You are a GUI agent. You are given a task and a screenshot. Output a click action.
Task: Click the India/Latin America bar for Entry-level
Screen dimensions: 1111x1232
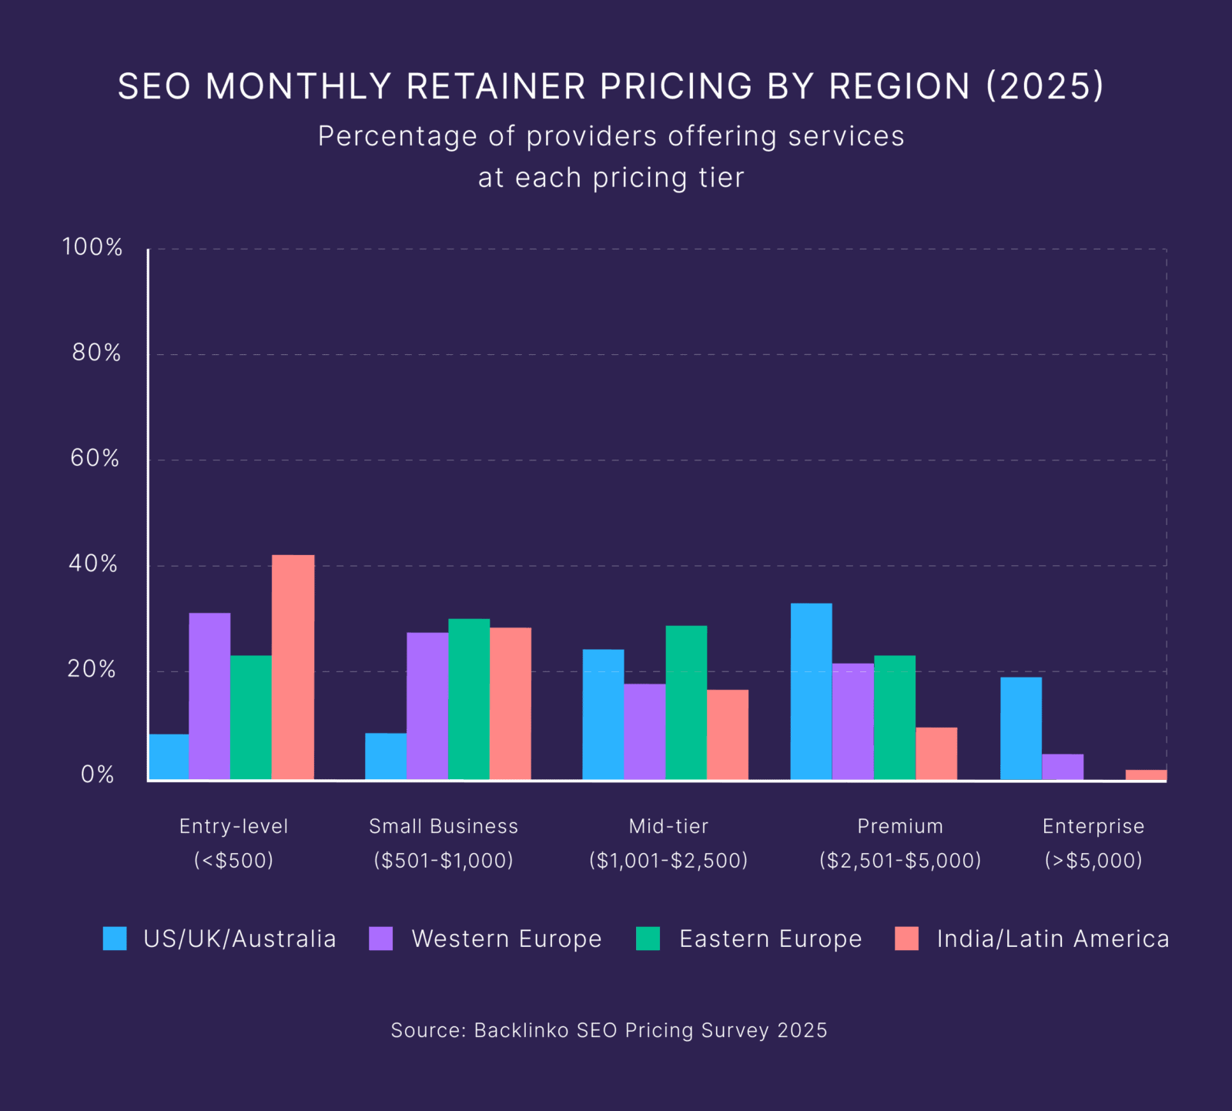(x=293, y=667)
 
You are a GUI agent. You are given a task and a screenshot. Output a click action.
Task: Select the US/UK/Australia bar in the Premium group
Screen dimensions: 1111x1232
(x=811, y=691)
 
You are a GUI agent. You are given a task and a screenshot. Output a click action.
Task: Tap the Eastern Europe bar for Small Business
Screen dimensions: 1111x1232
(x=468, y=699)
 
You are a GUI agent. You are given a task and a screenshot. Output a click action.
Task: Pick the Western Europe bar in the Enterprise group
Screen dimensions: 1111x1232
(x=1063, y=767)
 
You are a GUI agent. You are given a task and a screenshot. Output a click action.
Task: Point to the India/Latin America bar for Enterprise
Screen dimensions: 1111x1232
(x=1146, y=775)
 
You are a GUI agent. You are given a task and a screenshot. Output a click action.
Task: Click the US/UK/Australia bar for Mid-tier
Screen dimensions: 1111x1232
(x=603, y=714)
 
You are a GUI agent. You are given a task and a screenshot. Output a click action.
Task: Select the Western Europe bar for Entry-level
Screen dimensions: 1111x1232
(x=209, y=696)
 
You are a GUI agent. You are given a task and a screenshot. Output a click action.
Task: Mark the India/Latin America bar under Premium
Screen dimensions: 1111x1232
(x=936, y=753)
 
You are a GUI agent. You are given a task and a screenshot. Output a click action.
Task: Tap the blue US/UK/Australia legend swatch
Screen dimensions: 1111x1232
(x=115, y=939)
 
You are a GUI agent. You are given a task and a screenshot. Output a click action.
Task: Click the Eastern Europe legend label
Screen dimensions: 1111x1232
(x=770, y=939)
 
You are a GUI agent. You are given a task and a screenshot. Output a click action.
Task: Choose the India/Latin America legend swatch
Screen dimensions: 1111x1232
(x=906, y=939)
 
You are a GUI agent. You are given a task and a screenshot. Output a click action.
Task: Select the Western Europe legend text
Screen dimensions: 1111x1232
(x=506, y=939)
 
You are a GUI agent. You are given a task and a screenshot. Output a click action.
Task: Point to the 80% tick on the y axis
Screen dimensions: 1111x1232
(x=96, y=353)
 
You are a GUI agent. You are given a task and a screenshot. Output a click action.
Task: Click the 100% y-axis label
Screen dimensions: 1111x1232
(x=92, y=247)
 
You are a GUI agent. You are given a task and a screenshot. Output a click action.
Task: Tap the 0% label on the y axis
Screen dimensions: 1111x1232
(x=98, y=775)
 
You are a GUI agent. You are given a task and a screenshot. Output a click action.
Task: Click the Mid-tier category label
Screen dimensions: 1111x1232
(x=668, y=826)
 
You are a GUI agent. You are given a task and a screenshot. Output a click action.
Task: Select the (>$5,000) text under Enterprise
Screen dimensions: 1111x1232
(x=1093, y=860)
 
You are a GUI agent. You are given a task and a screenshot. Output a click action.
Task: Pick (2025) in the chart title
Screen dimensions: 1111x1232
(x=1045, y=86)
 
